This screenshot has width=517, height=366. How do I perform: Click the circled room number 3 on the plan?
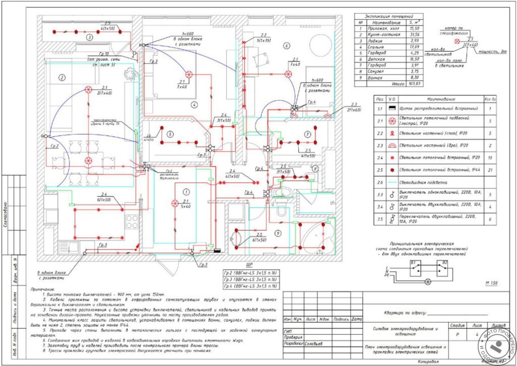coord(89,38)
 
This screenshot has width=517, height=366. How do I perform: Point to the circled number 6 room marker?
coord(287,45)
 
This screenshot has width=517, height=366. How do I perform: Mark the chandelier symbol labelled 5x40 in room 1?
coord(174,202)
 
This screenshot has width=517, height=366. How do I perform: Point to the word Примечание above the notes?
coord(44,290)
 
